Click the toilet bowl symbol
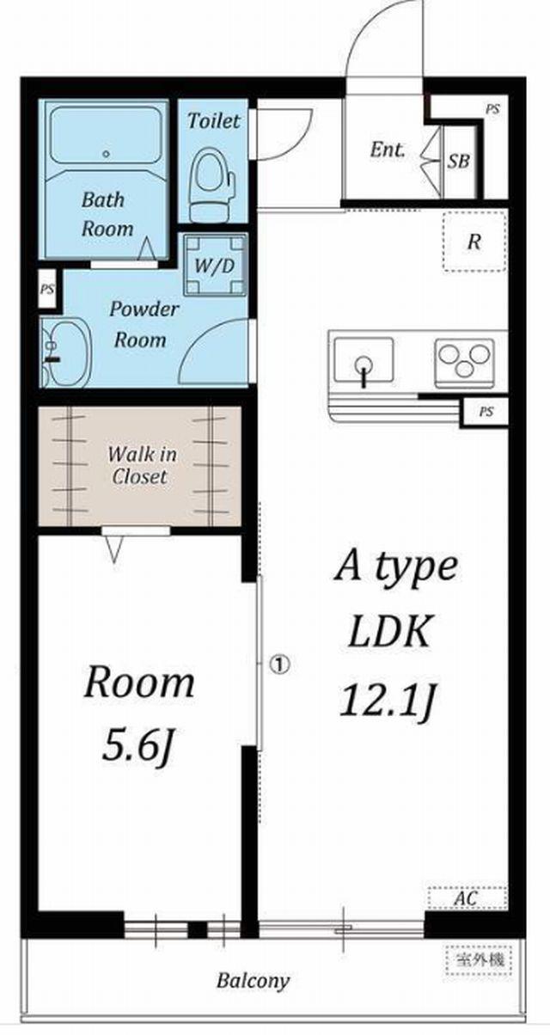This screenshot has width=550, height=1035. coord(211,184)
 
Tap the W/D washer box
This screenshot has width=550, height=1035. coord(215,265)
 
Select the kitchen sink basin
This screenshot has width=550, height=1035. coord(364,360)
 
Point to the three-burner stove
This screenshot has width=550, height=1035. coord(464,363)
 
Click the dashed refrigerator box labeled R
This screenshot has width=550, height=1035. coord(474,242)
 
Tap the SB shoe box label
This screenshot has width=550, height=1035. coord(459,162)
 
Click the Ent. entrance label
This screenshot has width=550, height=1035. coord(388,150)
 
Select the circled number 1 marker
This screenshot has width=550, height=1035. coord(280,664)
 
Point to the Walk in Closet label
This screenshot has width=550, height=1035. coord(141,465)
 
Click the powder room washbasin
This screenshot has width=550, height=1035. coord(66,352)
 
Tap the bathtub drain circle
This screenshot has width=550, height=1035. coord(107,155)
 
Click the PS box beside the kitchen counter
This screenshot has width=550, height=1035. coord(486,411)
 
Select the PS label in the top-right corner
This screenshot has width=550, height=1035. coord(492,109)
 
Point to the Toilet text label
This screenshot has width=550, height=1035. coord(214,121)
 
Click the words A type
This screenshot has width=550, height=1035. coord(396,567)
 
